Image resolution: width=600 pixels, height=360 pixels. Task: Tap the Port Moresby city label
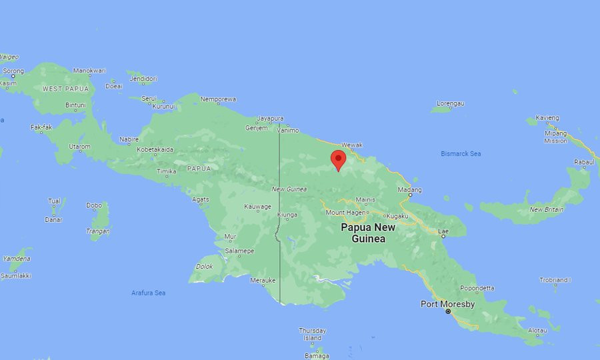[447, 304]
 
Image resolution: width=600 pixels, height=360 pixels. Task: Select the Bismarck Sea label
[461, 154]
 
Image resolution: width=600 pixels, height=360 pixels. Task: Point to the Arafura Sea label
[148, 293]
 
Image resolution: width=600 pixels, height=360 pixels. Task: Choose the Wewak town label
[351, 145]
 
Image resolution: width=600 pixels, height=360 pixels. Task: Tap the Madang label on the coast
[409, 189]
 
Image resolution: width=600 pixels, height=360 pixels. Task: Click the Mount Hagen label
[345, 213]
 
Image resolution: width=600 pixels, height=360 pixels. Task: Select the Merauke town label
[262, 280]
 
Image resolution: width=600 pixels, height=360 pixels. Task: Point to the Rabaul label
[583, 162]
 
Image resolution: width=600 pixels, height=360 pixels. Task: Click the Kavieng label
[547, 118]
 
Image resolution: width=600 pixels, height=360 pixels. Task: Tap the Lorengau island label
[450, 103]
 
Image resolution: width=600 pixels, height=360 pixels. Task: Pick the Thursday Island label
[312, 334]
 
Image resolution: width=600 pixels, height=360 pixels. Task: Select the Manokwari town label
[89, 71]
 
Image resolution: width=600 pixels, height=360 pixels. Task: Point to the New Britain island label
[546, 209]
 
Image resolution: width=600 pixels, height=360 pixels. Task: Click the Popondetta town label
[477, 289]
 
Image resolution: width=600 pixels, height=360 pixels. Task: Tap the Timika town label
[166, 171]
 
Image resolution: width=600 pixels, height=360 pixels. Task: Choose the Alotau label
[537, 330]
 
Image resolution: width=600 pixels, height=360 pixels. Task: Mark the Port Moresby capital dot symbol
[448, 311]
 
